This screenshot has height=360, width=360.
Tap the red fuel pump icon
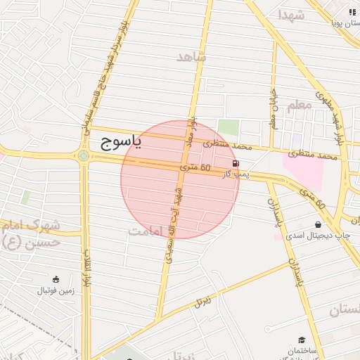point(234,163)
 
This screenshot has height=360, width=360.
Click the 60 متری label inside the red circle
point(195,168)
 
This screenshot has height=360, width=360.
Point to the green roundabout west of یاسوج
point(84,155)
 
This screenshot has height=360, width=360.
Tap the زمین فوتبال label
point(55,290)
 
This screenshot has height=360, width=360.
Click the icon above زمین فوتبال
point(56,279)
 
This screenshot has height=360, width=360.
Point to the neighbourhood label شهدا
point(290,15)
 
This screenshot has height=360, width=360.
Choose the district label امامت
point(147,230)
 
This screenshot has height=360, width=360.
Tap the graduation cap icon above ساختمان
point(302,340)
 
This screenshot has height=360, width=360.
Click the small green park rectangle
point(228,128)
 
